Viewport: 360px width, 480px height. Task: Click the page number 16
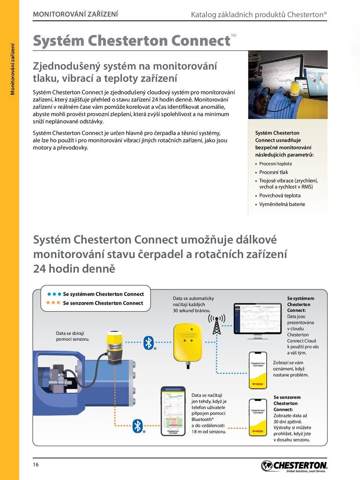pos(36,465)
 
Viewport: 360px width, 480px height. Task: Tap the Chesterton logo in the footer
pos(294,466)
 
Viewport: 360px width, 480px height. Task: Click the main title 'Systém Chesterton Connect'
pos(132,41)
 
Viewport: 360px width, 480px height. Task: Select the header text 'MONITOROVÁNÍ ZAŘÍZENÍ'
pos(75,14)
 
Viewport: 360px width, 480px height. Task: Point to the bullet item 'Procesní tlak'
pos(274,172)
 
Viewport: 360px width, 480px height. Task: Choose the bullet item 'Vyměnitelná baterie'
pos(282,204)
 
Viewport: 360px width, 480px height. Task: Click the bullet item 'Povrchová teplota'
pos(280,196)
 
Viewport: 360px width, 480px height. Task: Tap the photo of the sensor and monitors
pos(288,85)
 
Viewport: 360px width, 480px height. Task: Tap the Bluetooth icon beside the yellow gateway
pos(148,343)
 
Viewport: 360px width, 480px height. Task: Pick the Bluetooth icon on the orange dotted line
pos(137,426)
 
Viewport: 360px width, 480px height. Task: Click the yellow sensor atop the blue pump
pos(114,347)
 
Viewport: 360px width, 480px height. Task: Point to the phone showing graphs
pos(173,411)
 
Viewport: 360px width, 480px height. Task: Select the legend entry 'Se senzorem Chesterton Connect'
pos(103,303)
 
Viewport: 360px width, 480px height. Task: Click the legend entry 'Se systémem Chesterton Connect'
pos(103,294)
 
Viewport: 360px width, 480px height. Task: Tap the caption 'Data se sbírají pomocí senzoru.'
pos(72,336)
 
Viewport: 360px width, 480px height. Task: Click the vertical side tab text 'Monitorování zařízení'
pos(12,69)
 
